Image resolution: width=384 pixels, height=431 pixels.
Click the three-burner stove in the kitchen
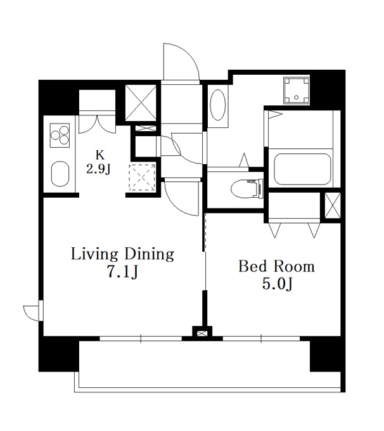(x=60, y=135)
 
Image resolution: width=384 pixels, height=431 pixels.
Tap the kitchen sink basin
(x=60, y=174)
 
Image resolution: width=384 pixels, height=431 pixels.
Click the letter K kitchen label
(x=99, y=155)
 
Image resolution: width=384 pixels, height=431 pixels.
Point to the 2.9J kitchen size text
(x=98, y=169)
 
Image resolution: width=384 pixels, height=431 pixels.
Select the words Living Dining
(x=122, y=255)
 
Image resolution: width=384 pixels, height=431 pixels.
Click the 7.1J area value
(x=122, y=272)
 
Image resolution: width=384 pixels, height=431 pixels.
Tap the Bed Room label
(x=276, y=266)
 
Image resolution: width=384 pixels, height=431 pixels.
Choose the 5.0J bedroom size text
(x=277, y=284)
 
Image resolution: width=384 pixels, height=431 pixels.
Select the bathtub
(x=302, y=169)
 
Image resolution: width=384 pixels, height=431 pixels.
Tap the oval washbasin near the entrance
(x=218, y=105)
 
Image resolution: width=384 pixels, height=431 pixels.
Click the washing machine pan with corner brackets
(x=297, y=91)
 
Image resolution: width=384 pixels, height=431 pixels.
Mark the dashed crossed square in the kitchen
(x=142, y=177)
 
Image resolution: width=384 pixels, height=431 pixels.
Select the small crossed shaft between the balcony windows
(x=202, y=333)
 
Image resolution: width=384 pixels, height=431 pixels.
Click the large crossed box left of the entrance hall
(x=141, y=103)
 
